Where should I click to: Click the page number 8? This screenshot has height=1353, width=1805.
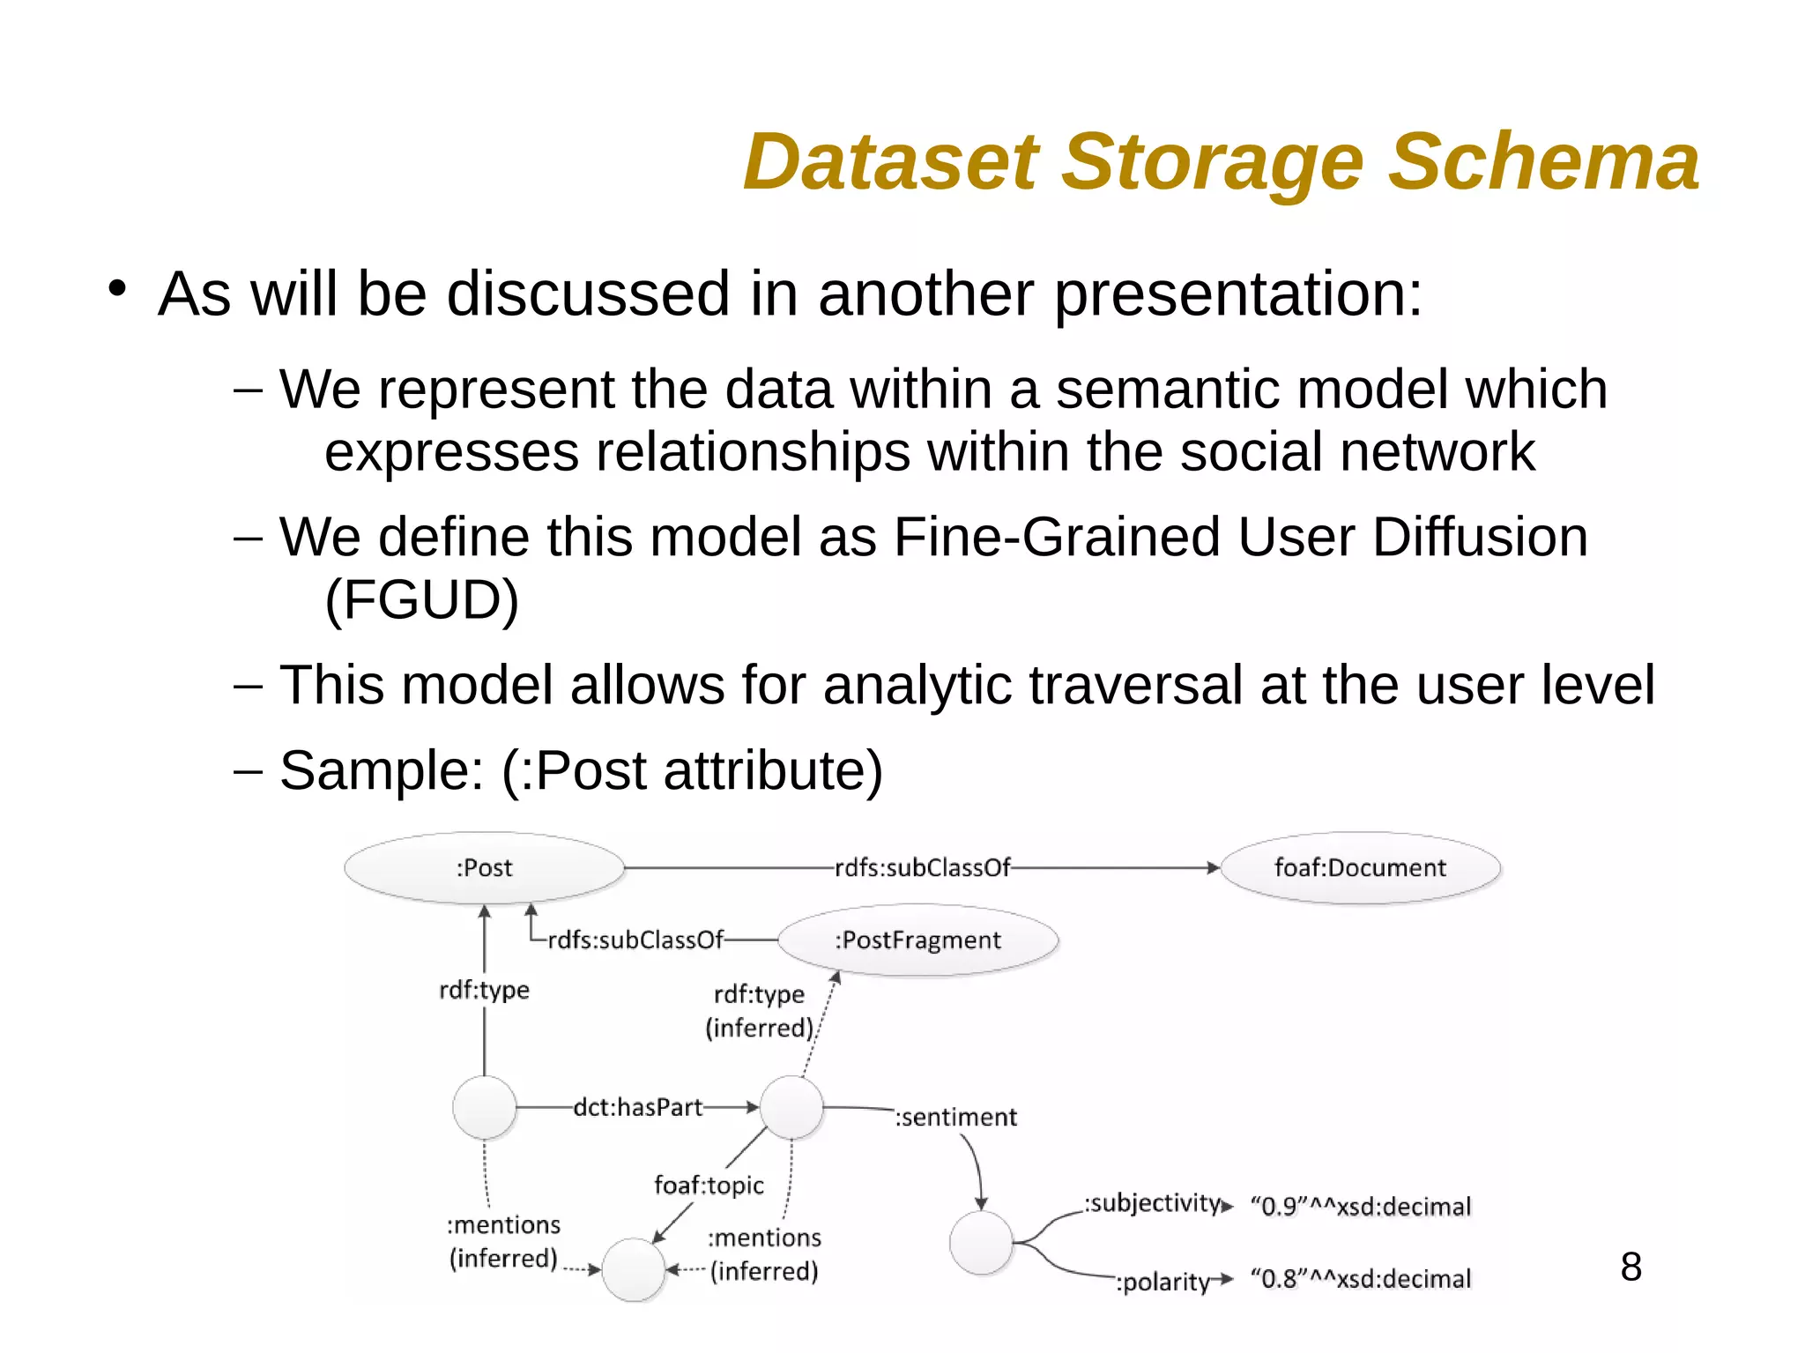pyautogui.click(x=1630, y=1267)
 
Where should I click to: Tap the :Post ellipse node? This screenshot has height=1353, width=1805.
pyautogui.click(x=484, y=868)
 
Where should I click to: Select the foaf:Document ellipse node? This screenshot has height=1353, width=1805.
pyautogui.click(x=1359, y=868)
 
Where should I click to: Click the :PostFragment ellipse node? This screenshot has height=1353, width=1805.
pyautogui.click(x=917, y=940)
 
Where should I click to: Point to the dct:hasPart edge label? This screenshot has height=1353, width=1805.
pyautogui.click(x=637, y=1107)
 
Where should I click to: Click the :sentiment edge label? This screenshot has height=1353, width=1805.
pyautogui.click(x=956, y=1118)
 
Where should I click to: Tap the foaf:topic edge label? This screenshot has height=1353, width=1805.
pyautogui.click(x=709, y=1185)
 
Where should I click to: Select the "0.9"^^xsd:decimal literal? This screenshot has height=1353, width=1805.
pyautogui.click(x=1361, y=1207)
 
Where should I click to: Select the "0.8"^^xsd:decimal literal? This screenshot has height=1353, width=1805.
pyautogui.click(x=1361, y=1279)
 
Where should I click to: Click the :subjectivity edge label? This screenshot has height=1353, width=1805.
pyautogui.click(x=1153, y=1203)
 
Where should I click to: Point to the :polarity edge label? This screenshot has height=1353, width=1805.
pyautogui.click(x=1163, y=1282)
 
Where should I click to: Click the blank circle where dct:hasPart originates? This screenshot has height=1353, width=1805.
pyautogui.click(x=484, y=1107)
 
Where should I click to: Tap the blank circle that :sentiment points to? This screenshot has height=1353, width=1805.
pyautogui.click(x=981, y=1243)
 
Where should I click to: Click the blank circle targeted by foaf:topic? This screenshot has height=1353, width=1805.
pyautogui.click(x=633, y=1269)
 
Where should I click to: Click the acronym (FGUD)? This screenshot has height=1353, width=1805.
pyautogui.click(x=421, y=600)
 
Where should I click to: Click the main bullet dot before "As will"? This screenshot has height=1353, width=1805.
pyautogui.click(x=117, y=289)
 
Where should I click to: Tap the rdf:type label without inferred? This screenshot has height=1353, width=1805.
pyautogui.click(x=484, y=990)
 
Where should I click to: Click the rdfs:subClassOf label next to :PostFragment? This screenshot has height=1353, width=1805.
pyautogui.click(x=635, y=940)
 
